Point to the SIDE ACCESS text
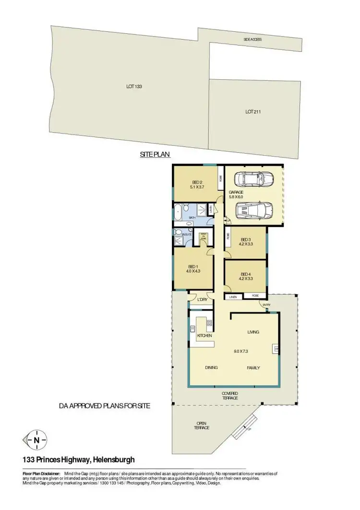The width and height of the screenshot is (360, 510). coord(252,40)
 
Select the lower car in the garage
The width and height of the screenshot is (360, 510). coord(254,210)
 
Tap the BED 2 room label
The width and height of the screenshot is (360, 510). coord(197,182)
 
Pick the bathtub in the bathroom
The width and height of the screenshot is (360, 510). coord(180,210)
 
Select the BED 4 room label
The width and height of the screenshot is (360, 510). coord(245,274)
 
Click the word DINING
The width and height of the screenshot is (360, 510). coord(211,368)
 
